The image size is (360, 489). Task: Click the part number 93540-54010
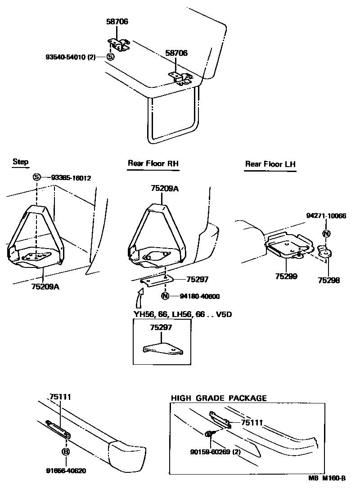[70, 57]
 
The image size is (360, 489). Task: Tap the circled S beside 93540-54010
[110, 57]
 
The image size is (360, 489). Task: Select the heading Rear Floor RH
[153, 163]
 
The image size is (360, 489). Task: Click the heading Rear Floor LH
[270, 164]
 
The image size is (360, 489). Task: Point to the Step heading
[21, 162]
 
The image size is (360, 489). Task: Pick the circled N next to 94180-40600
[165, 296]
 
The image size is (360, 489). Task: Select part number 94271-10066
[327, 216]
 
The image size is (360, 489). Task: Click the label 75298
[329, 280]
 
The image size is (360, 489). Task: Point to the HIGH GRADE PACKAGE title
[219, 398]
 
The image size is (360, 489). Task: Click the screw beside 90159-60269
[210, 434]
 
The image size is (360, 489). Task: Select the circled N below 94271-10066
[327, 234]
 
